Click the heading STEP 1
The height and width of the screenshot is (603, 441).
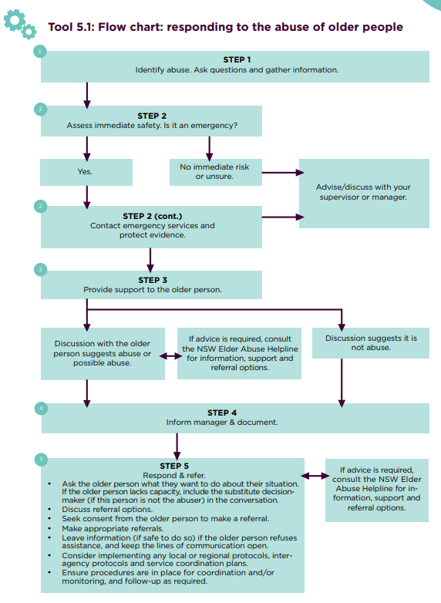click(x=237, y=59)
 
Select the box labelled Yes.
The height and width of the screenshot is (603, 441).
click(x=85, y=172)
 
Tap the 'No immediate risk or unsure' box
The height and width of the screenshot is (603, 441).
click(x=214, y=172)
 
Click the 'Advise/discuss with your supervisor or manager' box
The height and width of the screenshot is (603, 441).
click(x=363, y=193)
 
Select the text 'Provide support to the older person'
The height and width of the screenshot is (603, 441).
click(x=152, y=290)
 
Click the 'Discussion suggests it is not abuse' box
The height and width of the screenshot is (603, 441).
click(x=370, y=342)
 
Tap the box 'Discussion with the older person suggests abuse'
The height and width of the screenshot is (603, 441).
click(x=102, y=353)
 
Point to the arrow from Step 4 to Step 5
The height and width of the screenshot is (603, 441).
click(x=178, y=445)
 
